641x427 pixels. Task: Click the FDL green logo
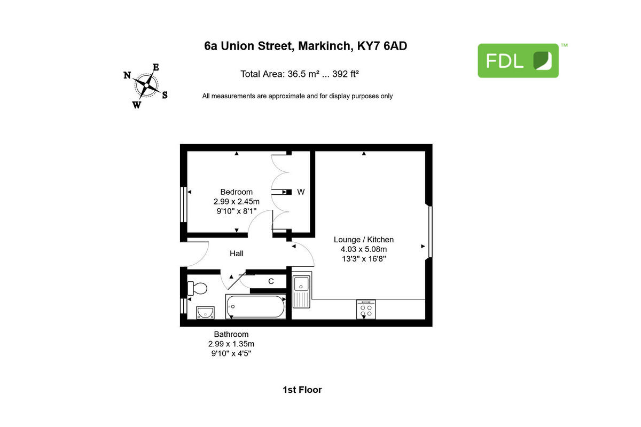[518, 61]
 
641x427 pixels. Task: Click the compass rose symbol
[146, 85]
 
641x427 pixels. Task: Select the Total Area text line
[299, 74]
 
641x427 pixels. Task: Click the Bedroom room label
[237, 192]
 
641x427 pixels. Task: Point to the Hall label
[237, 254]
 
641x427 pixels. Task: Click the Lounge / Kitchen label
[364, 240]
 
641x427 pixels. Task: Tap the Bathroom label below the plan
[231, 334]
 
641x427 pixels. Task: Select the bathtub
[256, 306]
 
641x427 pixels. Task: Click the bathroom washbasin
[205, 312]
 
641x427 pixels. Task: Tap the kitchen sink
[301, 291]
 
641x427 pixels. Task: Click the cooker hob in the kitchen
[366, 309]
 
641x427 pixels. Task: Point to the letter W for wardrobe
[301, 192]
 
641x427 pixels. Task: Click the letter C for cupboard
[271, 281]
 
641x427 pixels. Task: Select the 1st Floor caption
[302, 390]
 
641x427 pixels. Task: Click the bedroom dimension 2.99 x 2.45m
[237, 202]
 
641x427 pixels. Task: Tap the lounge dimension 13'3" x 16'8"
[364, 259]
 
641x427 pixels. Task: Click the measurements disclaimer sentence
[297, 96]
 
